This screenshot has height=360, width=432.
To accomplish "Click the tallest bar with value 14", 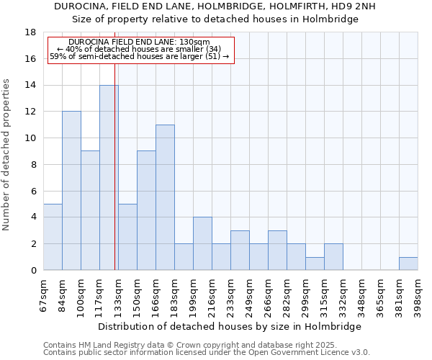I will (109, 177).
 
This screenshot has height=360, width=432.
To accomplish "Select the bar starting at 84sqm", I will (71, 191).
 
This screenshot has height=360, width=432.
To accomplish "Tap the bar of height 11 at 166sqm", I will (165, 197).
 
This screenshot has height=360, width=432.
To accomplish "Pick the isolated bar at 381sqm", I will (408, 264).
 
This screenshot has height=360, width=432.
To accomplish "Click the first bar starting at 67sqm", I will (53, 237).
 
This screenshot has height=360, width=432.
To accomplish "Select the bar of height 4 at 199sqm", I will (202, 243).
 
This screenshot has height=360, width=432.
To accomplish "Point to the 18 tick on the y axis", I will (31, 32).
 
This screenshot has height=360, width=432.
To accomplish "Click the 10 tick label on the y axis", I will (31, 138).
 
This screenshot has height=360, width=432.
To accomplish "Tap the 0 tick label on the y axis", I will (33, 271).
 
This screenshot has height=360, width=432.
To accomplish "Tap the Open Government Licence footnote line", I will (207, 353).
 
